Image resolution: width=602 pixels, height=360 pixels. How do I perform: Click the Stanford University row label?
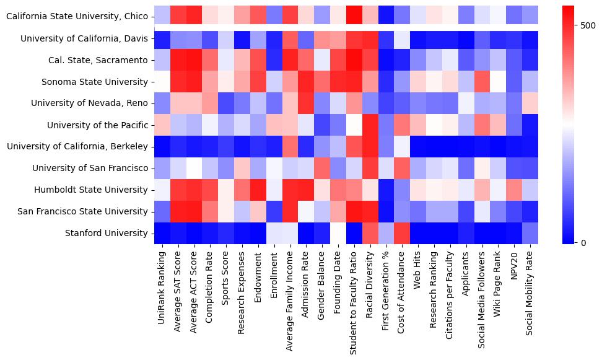pyautogui.click(x=107, y=234)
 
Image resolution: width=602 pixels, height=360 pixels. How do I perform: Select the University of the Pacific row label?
pyautogui.click(x=97, y=125)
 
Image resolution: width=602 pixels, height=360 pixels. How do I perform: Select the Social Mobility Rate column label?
pyautogui.click(x=531, y=289)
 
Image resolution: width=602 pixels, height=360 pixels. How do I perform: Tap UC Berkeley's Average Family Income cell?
pyautogui.click(x=290, y=147)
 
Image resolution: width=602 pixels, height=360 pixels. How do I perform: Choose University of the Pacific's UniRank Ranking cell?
pyautogui.click(x=161, y=125)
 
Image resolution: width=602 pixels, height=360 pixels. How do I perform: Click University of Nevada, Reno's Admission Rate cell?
pyautogui.click(x=306, y=103)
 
